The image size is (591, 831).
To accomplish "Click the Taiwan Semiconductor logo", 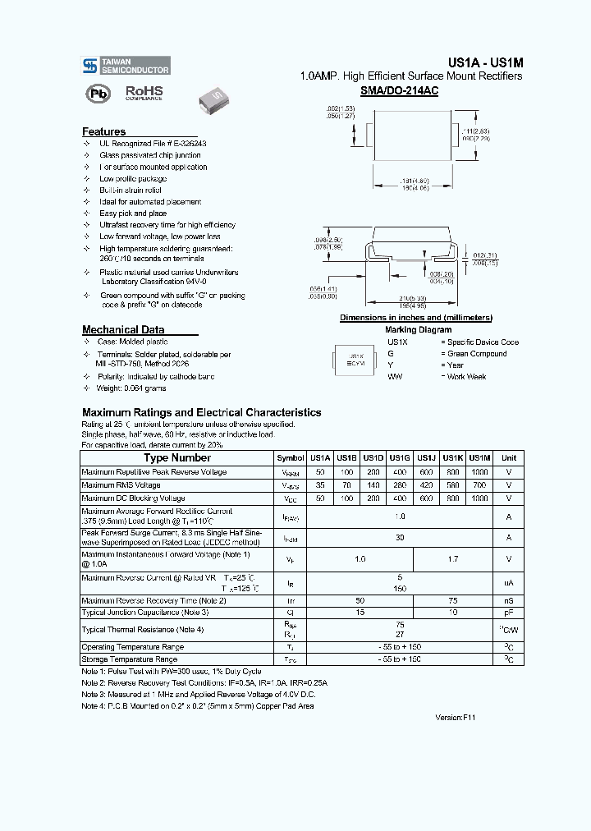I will coord(126,66).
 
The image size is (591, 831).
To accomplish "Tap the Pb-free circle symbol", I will coord(98,94).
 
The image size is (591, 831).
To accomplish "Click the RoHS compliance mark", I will coord(144,93).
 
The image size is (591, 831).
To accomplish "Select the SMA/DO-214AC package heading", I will coord(399,91).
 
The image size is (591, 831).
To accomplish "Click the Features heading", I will coord(104,131).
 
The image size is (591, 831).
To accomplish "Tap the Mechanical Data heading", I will coord(123,329).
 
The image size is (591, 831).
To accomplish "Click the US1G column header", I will coord(400,458).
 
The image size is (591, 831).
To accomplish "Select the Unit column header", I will coord(509,458).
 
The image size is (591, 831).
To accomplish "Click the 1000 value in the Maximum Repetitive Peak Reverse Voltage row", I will coord(479,473).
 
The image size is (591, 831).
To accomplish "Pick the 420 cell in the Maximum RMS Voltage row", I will coord(426,485).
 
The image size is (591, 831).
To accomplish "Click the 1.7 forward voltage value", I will coord(453,559).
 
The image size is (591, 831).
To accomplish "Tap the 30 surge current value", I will coord(400,537).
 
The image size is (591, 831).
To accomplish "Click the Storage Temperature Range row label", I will coord(129,659).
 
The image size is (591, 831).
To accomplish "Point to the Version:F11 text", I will coord(455,717).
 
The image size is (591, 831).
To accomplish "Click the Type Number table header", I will coord(177,458).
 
